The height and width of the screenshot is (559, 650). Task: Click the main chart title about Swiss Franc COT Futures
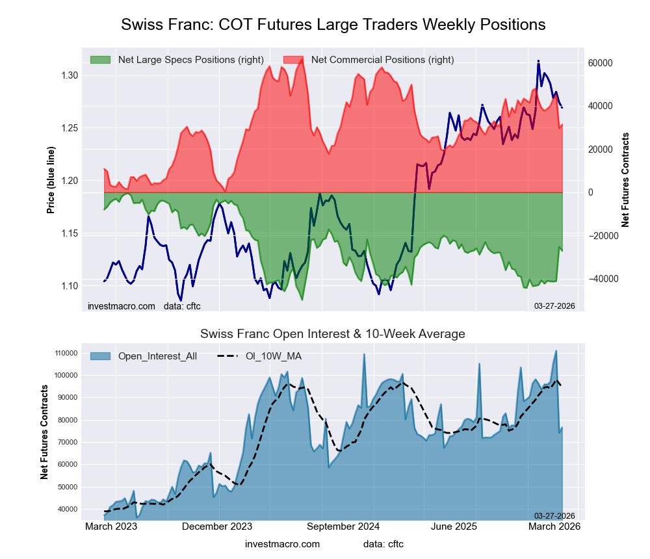(x=333, y=25)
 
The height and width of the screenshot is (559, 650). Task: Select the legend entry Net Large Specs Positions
(x=190, y=60)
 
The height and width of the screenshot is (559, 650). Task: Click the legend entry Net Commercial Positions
(x=382, y=60)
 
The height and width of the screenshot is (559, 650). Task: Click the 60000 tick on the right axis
(x=601, y=63)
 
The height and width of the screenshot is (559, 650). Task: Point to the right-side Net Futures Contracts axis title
(x=625, y=180)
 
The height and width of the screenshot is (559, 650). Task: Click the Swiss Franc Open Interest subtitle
(x=332, y=334)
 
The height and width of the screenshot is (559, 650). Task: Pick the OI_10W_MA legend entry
(x=273, y=356)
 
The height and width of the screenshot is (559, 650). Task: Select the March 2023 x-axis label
(x=111, y=526)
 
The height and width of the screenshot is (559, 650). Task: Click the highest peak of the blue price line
(x=538, y=61)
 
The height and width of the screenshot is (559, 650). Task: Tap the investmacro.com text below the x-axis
(x=282, y=543)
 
